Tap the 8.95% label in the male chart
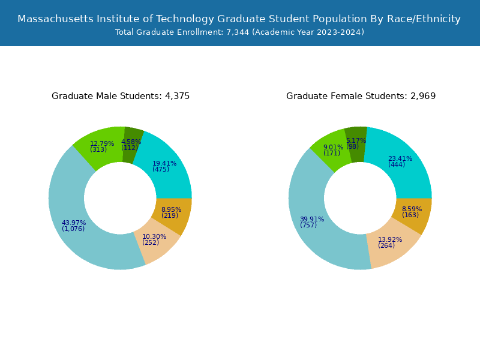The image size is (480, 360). pyautogui.click(x=171, y=209)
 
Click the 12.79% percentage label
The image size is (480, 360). pyautogui.click(x=101, y=143)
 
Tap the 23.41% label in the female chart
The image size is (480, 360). pyautogui.click(x=400, y=158)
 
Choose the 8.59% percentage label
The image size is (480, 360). pyautogui.click(x=412, y=209)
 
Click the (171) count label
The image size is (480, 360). pyautogui.click(x=332, y=154)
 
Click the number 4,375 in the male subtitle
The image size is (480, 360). pyautogui.click(x=178, y=96)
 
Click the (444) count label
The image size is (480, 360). pyautogui.click(x=397, y=165)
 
